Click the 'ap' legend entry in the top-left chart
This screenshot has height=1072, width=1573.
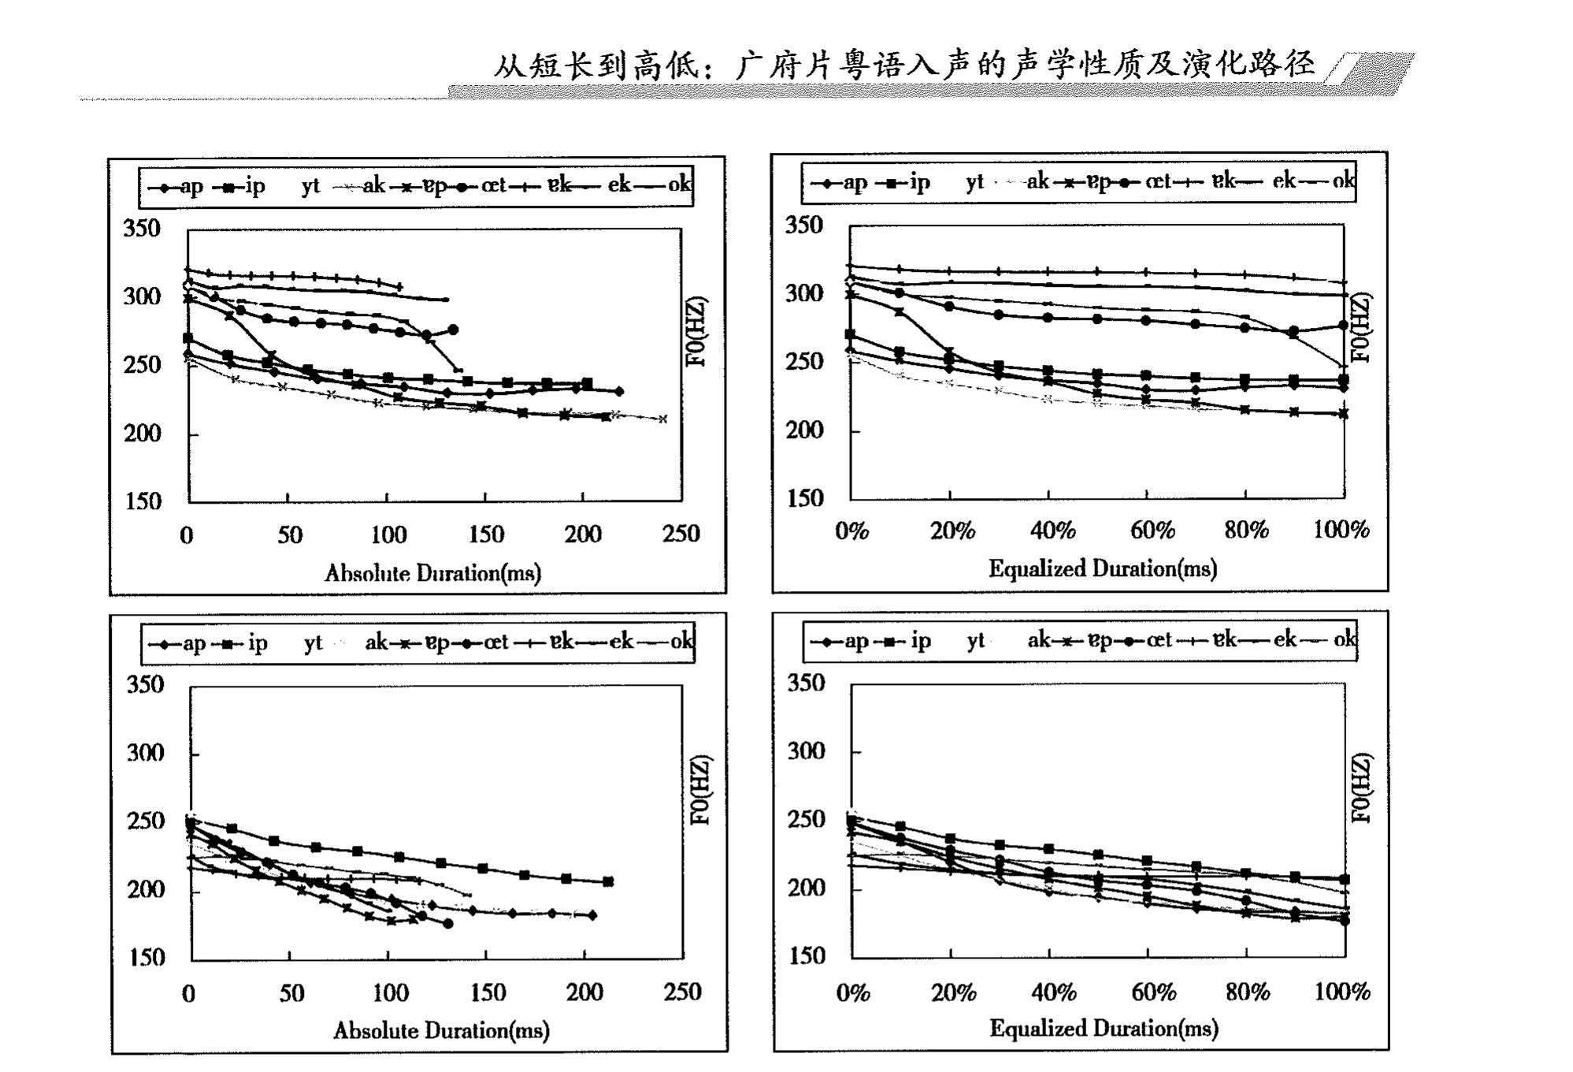[191, 187]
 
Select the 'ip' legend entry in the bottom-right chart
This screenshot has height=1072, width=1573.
[920, 640]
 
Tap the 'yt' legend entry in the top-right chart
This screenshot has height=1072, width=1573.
[974, 182]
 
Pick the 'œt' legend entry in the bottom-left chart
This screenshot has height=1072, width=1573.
[495, 642]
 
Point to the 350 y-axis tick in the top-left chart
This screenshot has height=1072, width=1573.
[142, 229]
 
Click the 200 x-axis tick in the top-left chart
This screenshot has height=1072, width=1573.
[582, 534]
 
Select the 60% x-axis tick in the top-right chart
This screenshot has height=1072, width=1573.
[1152, 530]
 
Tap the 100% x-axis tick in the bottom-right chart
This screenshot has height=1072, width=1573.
[1341, 992]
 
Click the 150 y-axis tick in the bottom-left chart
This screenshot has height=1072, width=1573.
[146, 958]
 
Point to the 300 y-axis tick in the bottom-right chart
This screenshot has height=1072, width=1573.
[806, 751]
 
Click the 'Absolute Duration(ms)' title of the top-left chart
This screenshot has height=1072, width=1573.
[432, 573]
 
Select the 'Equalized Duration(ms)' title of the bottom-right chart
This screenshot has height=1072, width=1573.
[1104, 1029]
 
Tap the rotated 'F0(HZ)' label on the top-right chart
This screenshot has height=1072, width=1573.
[1360, 328]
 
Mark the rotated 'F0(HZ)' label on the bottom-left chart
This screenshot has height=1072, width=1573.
[700, 791]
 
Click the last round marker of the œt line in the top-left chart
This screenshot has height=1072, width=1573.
[453, 329]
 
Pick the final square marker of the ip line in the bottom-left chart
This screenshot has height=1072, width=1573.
[608, 882]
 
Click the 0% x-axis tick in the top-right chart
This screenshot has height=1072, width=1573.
[851, 530]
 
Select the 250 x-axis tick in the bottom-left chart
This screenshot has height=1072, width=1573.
[682, 992]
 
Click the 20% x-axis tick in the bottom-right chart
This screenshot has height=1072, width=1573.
[953, 992]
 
